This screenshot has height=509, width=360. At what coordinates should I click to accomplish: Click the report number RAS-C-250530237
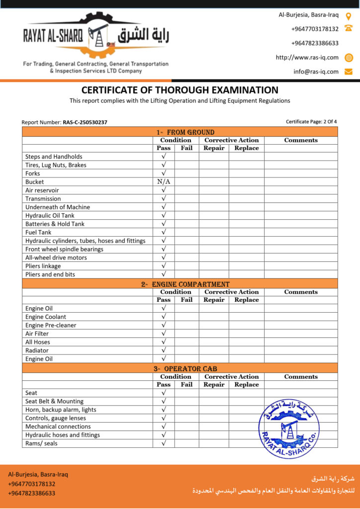85,122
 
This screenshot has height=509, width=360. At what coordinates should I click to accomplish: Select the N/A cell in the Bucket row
164,182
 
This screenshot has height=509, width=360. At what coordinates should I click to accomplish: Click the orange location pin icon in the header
349,15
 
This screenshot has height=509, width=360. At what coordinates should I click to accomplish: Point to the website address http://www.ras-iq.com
307,57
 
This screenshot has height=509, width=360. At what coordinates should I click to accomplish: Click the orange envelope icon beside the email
349,72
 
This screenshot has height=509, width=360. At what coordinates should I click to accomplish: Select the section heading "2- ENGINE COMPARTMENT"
185,284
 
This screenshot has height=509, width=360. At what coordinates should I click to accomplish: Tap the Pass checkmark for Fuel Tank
164,232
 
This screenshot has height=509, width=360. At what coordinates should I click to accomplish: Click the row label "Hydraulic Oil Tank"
50,215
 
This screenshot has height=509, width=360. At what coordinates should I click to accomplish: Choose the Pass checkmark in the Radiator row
164,350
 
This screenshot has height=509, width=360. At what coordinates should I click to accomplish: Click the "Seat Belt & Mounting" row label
54,401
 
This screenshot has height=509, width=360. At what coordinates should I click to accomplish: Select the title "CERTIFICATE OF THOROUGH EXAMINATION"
180,90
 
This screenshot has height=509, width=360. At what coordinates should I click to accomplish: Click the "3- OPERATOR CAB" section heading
184,369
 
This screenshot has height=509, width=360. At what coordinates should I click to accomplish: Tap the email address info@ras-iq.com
316,72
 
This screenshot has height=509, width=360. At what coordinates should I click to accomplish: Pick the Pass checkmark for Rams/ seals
164,443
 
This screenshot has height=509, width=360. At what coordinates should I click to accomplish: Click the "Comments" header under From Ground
300,140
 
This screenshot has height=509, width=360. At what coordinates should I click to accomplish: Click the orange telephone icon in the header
349,28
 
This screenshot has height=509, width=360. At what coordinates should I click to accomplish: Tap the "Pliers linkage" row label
43,266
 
